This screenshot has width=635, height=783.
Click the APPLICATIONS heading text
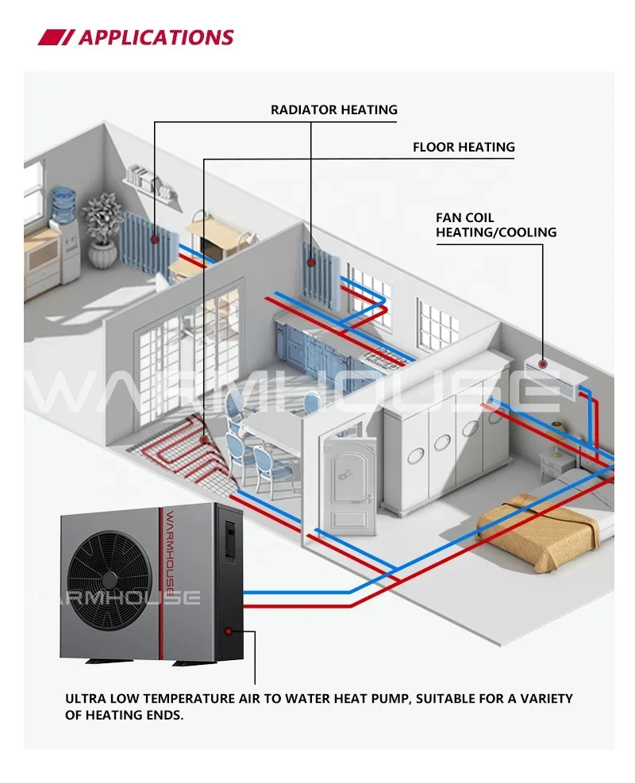pyautogui.click(x=156, y=37)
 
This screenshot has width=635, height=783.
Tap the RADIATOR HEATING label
pyautogui.click(x=333, y=109)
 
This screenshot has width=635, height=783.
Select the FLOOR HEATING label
pyautogui.click(x=464, y=147)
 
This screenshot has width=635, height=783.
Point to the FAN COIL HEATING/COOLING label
pyautogui.click(x=495, y=225)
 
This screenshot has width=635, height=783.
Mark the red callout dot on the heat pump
pyautogui.click(x=229, y=631)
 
